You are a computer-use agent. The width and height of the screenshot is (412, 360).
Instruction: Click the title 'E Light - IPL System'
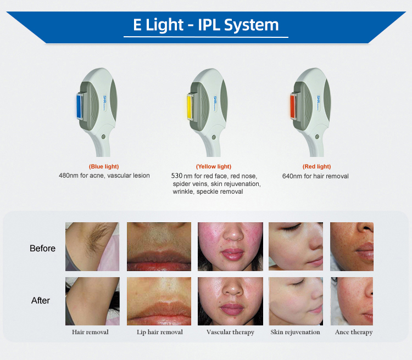(206, 25)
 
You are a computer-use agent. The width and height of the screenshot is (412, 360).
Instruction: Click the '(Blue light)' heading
(104, 166)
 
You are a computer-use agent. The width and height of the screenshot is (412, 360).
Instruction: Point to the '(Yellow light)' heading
(214, 166)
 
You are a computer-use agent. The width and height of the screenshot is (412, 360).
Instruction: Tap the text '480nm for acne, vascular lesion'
(104, 176)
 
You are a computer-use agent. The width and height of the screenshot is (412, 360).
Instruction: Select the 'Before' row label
(43, 249)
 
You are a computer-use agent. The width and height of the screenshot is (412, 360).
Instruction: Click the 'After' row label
(41, 300)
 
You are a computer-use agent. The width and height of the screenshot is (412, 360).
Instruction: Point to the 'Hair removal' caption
(90, 332)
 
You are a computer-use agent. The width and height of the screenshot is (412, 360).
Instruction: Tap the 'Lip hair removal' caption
(160, 332)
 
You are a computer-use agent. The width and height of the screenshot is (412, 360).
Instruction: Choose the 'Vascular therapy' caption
(230, 332)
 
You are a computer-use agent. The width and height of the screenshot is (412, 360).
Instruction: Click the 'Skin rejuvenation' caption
(295, 332)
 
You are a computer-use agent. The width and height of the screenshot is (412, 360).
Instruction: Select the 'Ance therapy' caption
(354, 332)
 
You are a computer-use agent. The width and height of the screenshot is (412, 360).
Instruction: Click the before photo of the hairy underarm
(92, 246)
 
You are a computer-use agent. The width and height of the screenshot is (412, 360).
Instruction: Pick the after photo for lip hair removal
(159, 301)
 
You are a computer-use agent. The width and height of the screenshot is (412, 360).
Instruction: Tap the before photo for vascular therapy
(230, 246)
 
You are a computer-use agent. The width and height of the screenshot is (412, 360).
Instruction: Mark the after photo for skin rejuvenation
(296, 301)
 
